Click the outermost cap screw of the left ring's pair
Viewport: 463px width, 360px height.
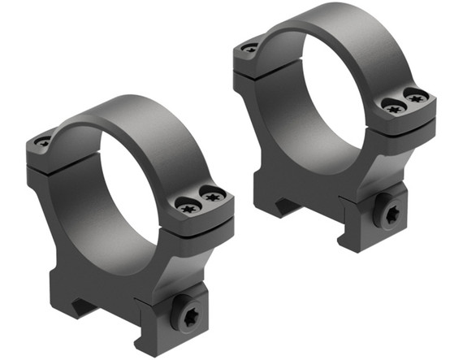pos(214,194)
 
